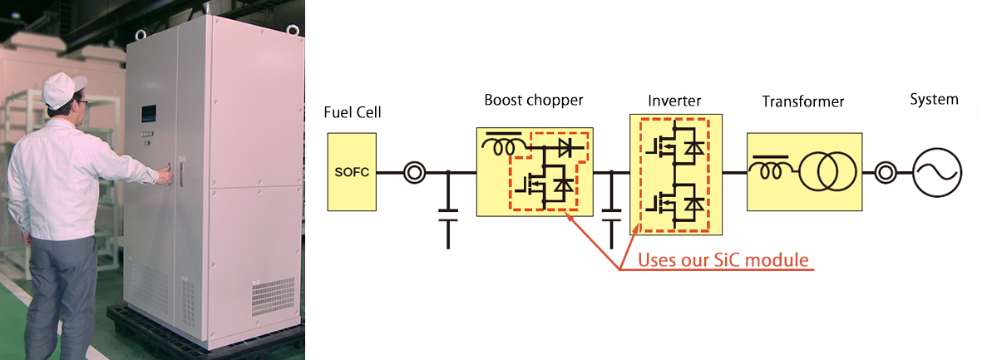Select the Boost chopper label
(534, 101)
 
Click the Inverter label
(674, 101)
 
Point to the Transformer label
(802, 102)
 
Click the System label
(934, 100)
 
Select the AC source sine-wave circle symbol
(937, 173)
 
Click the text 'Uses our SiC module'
(723, 260)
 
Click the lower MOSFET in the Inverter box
(674, 203)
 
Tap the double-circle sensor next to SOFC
(414, 173)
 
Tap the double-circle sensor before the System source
(886, 173)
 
